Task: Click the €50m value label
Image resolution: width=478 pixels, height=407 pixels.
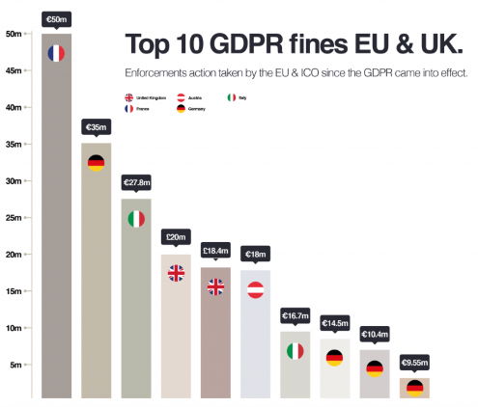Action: coord(56,18)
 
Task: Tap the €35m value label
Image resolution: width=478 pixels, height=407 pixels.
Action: coord(96,126)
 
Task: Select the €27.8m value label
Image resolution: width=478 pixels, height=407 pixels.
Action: coord(136,182)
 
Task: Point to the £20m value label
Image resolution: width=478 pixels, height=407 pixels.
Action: coord(176,237)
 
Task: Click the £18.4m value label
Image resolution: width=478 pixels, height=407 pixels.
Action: coord(214,251)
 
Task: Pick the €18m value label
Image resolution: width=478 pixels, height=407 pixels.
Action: coord(255,255)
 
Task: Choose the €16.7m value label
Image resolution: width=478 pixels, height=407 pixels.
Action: coord(295,316)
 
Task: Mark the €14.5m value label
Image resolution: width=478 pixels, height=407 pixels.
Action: coord(334,323)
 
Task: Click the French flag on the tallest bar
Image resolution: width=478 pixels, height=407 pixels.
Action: coord(56,53)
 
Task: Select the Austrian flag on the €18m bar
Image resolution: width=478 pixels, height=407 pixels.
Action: coord(255,289)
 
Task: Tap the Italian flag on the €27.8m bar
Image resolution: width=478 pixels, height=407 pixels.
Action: coord(136,218)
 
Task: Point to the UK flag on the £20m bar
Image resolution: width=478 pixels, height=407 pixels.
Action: coord(176,273)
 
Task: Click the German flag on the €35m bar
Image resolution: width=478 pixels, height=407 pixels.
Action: coord(96,162)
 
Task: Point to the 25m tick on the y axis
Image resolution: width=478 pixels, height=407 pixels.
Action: coord(14,218)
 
